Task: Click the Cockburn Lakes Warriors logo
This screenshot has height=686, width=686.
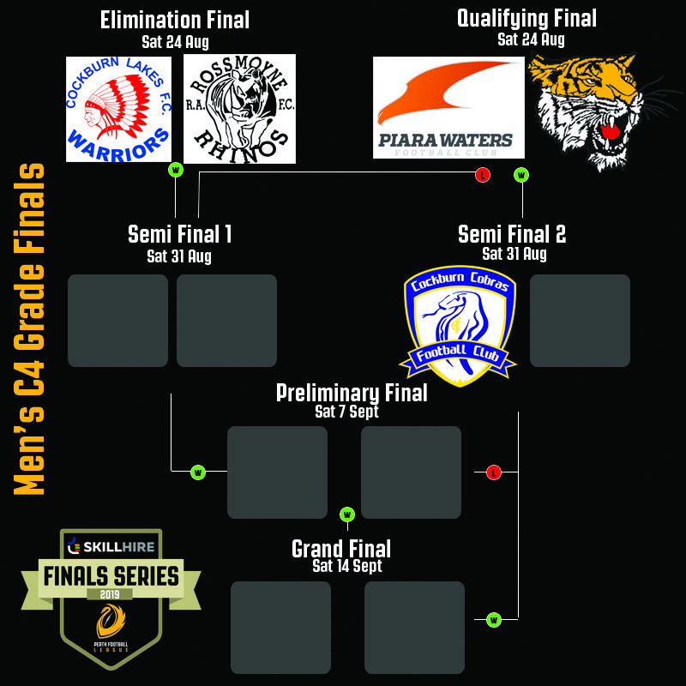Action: point(118,109)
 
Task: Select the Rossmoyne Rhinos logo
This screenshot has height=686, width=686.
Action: point(240,109)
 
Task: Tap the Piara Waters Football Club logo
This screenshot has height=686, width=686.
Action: point(448,108)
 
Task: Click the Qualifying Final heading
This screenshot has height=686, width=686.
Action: point(527,18)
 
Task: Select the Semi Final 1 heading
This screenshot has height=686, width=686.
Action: point(179,234)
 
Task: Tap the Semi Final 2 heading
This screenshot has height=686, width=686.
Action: point(512,234)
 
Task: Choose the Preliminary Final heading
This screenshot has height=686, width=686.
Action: point(352,393)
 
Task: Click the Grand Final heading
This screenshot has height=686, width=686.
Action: point(341,548)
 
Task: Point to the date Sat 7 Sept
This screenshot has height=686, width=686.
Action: point(346,412)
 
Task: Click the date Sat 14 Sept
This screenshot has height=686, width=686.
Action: point(347,566)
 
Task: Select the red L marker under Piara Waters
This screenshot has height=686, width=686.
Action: point(483,175)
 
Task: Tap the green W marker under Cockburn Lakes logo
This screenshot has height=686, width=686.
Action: point(176,170)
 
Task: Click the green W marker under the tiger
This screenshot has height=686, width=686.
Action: point(521,175)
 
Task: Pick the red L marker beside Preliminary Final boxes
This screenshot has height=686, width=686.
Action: point(493,472)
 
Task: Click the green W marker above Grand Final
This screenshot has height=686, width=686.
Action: point(347,514)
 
